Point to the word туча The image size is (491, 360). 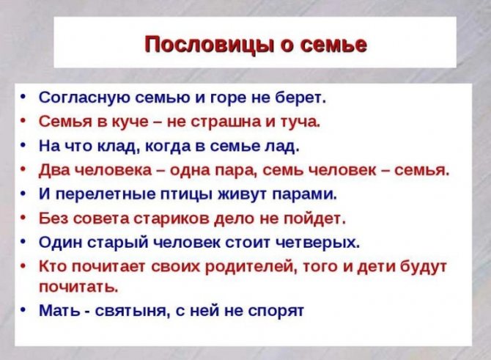point(300,121)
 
